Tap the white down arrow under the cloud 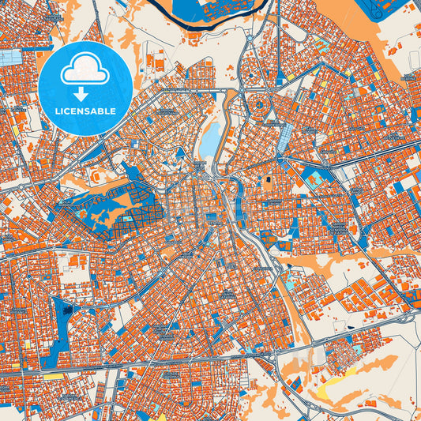85,94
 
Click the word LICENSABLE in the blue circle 85,111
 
